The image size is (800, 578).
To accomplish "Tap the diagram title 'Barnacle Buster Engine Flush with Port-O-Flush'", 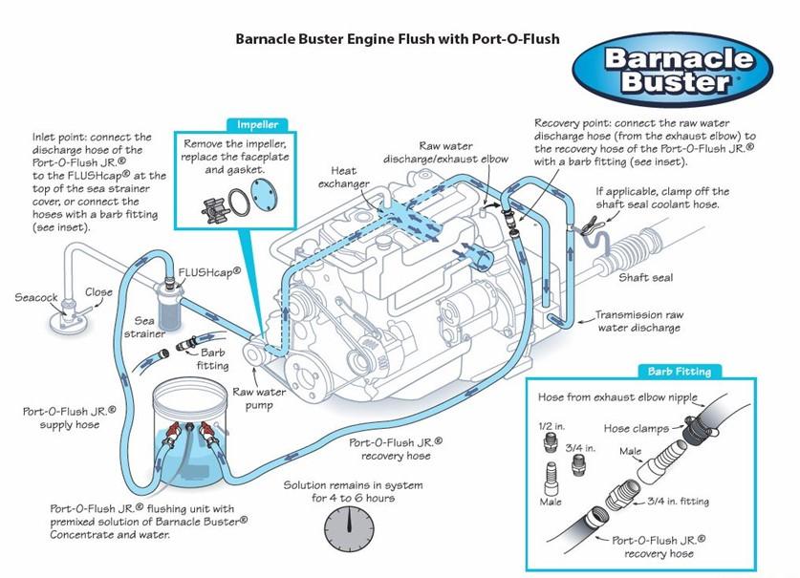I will pyautogui.click(x=397, y=39).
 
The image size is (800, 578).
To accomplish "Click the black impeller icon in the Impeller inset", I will pyautogui.click(x=205, y=202).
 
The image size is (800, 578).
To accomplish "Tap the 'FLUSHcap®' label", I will pyautogui.click(x=209, y=271).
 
